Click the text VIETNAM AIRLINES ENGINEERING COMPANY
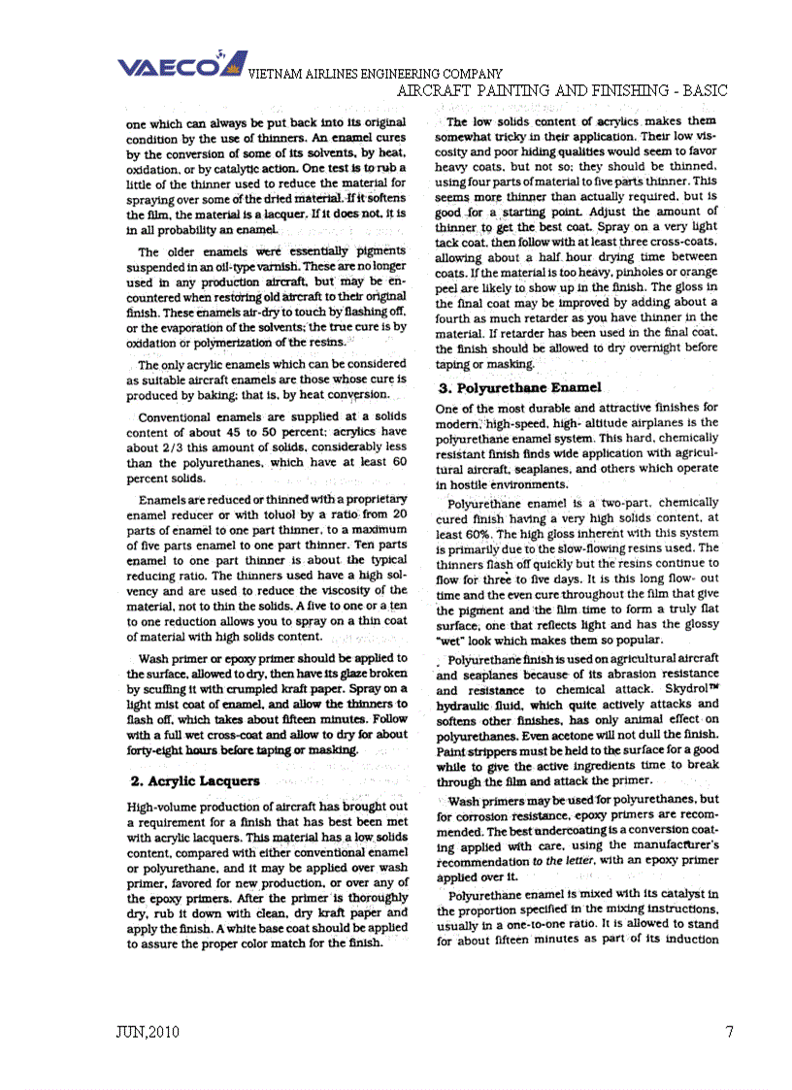coord(376,74)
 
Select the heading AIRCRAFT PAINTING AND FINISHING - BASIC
coord(563,90)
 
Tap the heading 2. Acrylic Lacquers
coord(194,780)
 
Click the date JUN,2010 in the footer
coord(147,1032)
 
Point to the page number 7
coord(729,1032)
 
